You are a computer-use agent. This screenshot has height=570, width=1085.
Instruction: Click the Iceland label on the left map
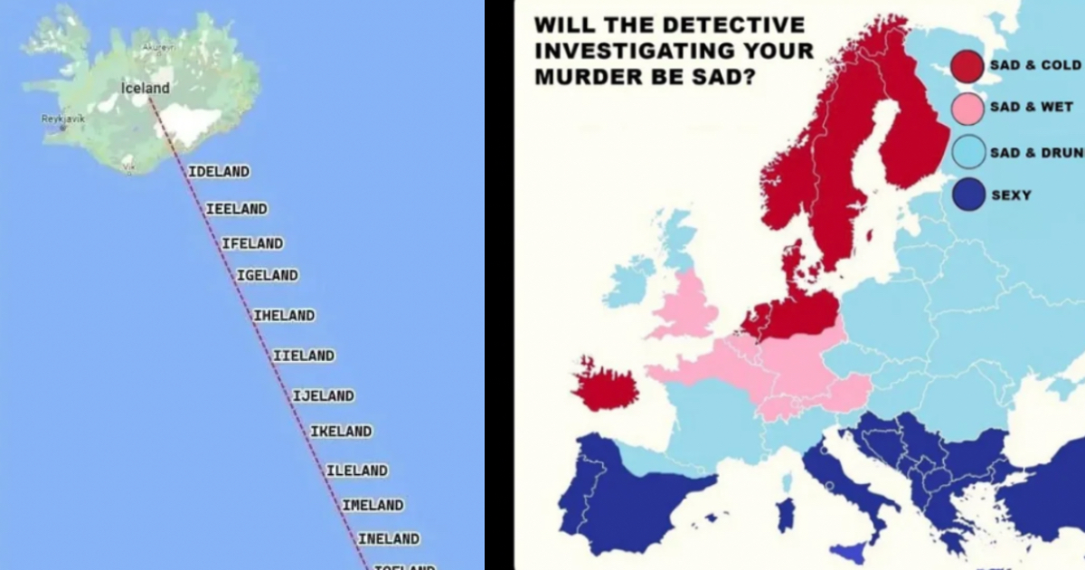[145, 88]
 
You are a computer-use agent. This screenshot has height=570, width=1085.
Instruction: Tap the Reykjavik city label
[62, 119]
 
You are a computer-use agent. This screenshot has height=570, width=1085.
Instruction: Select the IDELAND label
[219, 171]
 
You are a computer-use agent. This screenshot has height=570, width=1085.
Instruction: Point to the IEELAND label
[237, 209]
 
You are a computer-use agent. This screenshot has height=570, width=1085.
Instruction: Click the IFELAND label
[252, 243]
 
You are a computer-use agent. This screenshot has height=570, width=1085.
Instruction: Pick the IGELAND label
[268, 275]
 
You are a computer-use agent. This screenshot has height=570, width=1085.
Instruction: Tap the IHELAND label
[284, 316]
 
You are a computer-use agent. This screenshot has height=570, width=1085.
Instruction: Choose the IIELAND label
[304, 356]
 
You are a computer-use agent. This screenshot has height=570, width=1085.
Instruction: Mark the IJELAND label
[324, 395]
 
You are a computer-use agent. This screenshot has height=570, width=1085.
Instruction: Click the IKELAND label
[341, 432]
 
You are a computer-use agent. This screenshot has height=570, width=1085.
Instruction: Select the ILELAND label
[357, 470]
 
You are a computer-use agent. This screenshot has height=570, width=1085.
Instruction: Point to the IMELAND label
[373, 505]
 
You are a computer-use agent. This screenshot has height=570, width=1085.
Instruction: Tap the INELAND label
[389, 539]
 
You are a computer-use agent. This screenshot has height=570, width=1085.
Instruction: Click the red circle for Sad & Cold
[967, 66]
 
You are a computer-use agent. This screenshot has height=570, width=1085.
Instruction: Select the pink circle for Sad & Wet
[967, 109]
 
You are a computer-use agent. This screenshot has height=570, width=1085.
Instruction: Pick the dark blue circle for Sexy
[967, 195]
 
